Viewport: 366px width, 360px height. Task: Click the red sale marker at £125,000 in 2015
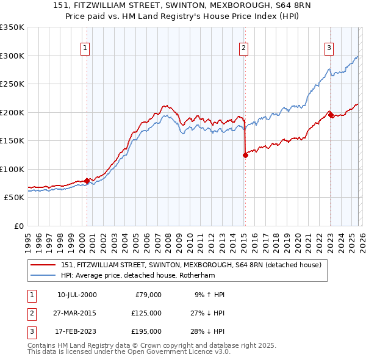click(x=245, y=155)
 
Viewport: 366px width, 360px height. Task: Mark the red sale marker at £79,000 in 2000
click(x=87, y=181)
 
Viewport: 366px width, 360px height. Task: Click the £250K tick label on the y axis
click(x=12, y=84)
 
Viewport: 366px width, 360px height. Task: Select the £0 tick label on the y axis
click(x=18, y=226)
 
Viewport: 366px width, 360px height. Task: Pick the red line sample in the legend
click(x=43, y=265)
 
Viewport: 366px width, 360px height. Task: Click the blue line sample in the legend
click(x=43, y=275)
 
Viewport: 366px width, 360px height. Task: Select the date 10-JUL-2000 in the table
click(x=76, y=295)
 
